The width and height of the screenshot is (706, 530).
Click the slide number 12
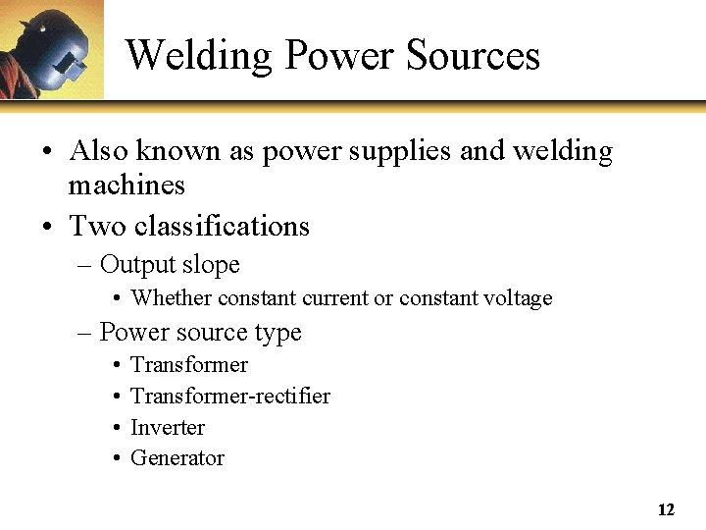[666, 510]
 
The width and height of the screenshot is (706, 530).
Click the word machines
[126, 185]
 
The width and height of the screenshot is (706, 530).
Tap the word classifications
[222, 227]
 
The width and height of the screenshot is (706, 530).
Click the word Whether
[171, 298]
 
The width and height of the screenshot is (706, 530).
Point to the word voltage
[519, 298]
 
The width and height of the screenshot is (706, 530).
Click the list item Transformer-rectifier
[230, 397]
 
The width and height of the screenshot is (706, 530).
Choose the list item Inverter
[168, 428]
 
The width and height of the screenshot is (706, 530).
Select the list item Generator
[177, 458]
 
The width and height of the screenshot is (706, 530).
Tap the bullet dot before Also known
[47, 153]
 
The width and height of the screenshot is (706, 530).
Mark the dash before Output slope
[84, 266]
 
